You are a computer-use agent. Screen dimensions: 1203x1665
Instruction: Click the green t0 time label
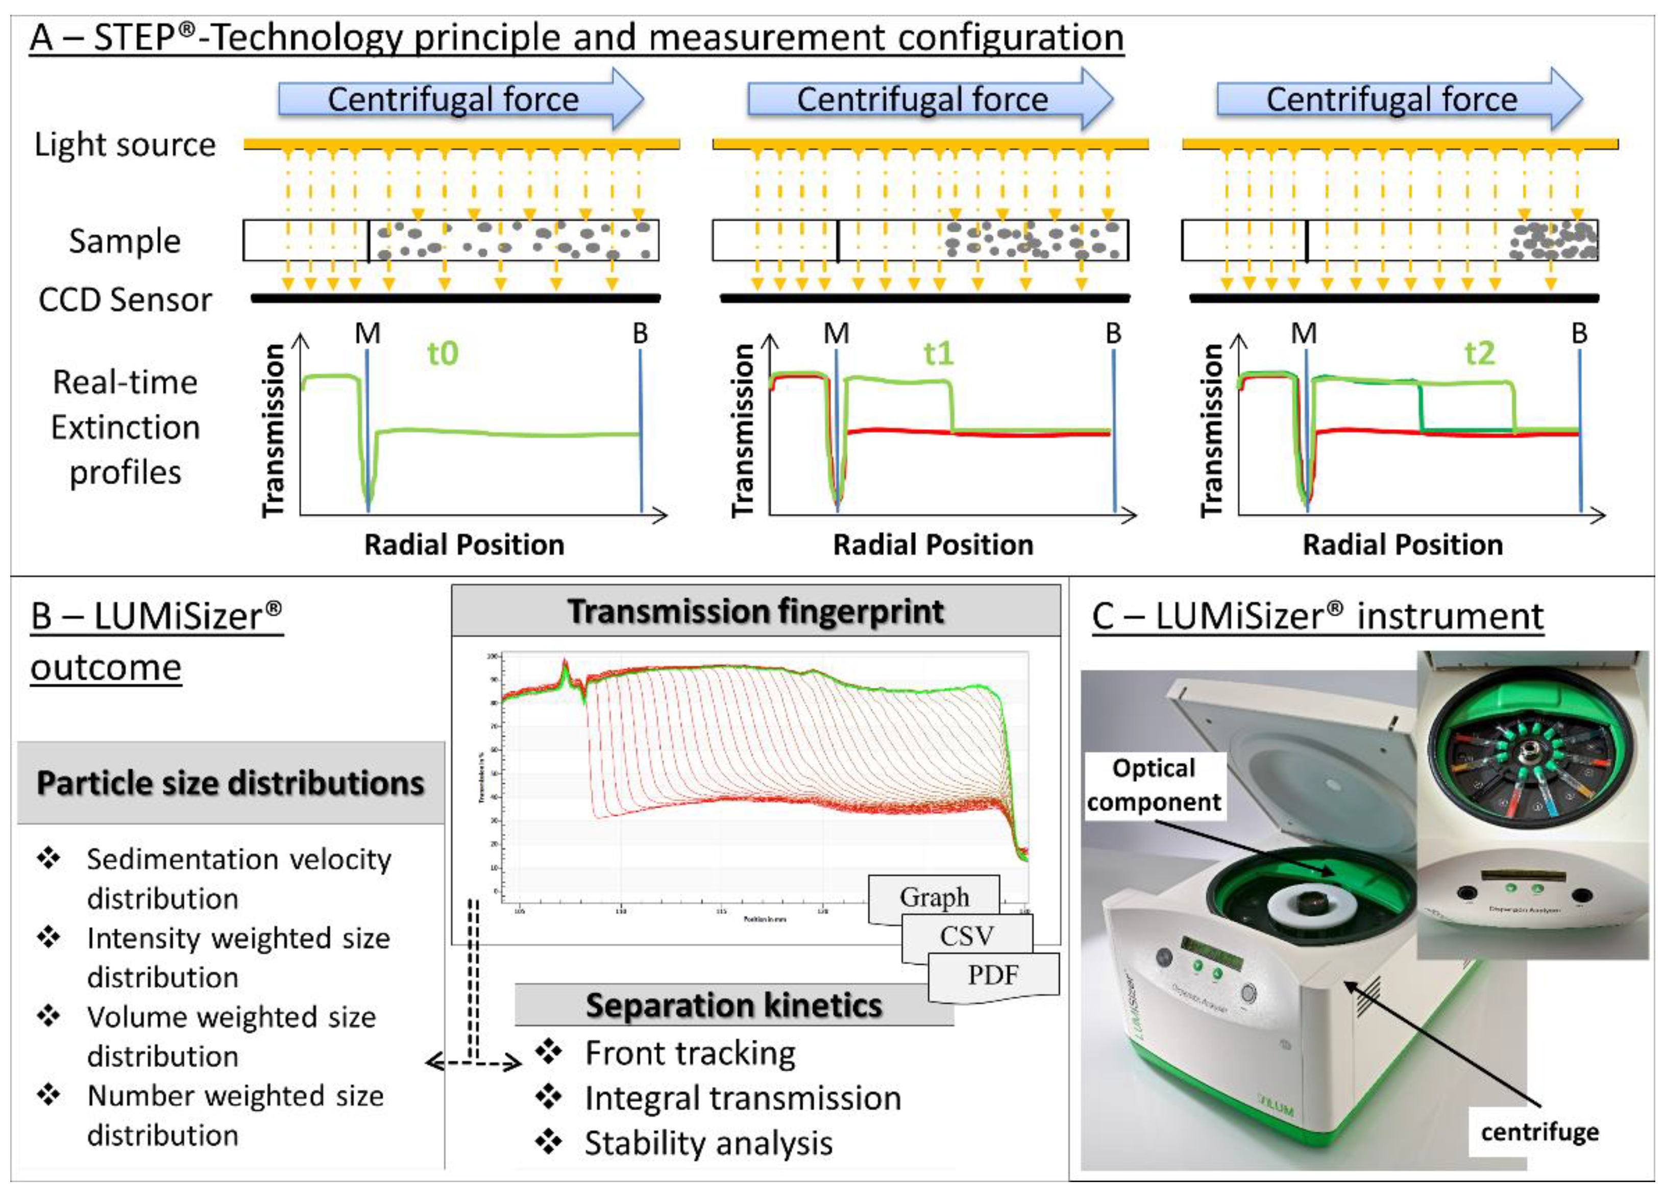click(443, 354)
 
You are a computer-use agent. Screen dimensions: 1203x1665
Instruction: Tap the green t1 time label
click(938, 354)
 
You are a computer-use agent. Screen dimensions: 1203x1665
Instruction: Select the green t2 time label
click(1479, 354)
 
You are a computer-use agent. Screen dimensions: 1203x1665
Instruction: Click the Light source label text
click(125, 144)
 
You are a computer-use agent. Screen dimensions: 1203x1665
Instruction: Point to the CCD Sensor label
click(125, 299)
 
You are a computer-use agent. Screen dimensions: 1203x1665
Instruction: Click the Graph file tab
click(934, 897)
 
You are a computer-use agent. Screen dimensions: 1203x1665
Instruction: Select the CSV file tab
click(967, 936)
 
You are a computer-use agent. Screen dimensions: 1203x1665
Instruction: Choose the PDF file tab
click(993, 975)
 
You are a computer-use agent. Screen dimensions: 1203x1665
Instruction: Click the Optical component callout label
click(1154, 785)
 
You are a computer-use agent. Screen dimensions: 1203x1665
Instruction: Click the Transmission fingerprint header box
click(755, 611)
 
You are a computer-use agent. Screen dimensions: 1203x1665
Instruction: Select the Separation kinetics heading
click(733, 1005)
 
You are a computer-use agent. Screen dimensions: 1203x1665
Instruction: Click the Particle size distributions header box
click(231, 783)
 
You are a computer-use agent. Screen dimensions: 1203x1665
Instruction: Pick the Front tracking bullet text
click(690, 1054)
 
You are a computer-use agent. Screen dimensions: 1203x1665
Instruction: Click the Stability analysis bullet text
click(708, 1143)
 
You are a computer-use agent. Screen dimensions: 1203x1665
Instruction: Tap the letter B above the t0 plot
click(640, 334)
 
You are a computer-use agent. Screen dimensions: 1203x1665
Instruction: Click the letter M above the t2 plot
click(1304, 334)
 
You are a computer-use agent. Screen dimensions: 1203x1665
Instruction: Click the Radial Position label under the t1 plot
click(933, 545)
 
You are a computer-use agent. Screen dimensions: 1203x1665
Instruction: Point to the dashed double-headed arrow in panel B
click(474, 1062)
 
